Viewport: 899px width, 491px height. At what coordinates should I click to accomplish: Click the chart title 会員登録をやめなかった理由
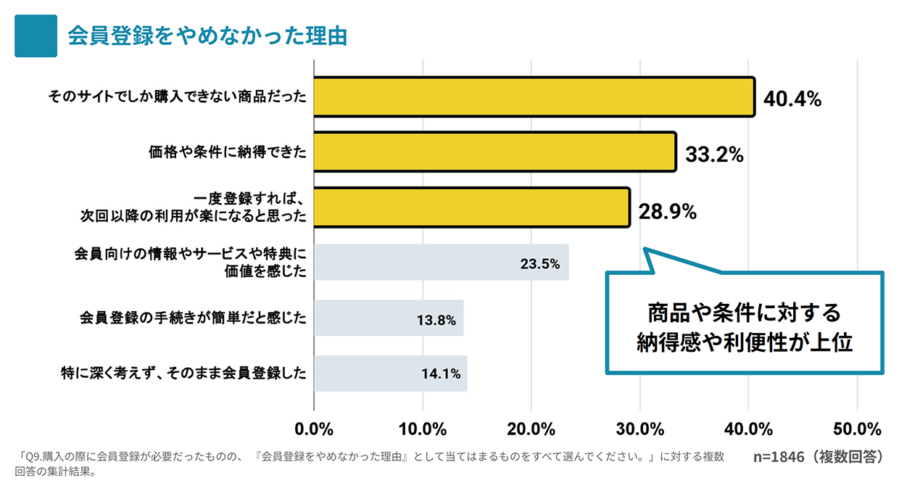207,36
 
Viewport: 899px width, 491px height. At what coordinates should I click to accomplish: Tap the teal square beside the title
36,36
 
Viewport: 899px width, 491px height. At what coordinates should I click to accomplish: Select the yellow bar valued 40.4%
534,97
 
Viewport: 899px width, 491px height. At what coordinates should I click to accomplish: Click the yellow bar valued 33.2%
494,152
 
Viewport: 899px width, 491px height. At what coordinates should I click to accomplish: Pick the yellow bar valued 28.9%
471,207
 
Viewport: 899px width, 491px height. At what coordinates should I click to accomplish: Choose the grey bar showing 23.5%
441,263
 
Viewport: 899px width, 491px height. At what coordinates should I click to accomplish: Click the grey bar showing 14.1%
390,374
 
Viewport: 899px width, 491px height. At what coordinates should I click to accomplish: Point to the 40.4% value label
792,99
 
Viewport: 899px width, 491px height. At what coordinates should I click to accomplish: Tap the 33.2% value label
715,154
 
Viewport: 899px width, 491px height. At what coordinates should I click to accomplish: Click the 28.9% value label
668,212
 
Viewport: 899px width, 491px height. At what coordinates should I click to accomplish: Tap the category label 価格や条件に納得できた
227,152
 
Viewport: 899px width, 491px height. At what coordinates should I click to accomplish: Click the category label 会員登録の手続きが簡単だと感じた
192,318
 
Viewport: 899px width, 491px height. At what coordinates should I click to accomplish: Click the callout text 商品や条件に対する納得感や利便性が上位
744,326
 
